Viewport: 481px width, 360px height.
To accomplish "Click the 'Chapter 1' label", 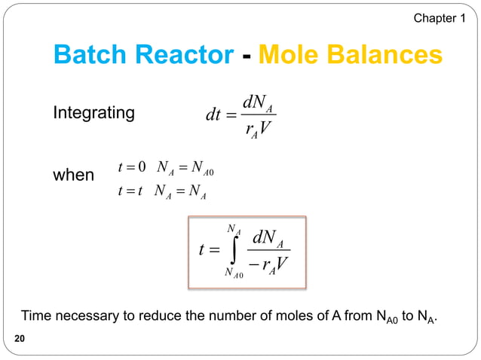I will (440, 17).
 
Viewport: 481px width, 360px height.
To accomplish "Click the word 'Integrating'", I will (94, 113).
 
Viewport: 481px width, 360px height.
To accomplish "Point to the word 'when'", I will (73, 175).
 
